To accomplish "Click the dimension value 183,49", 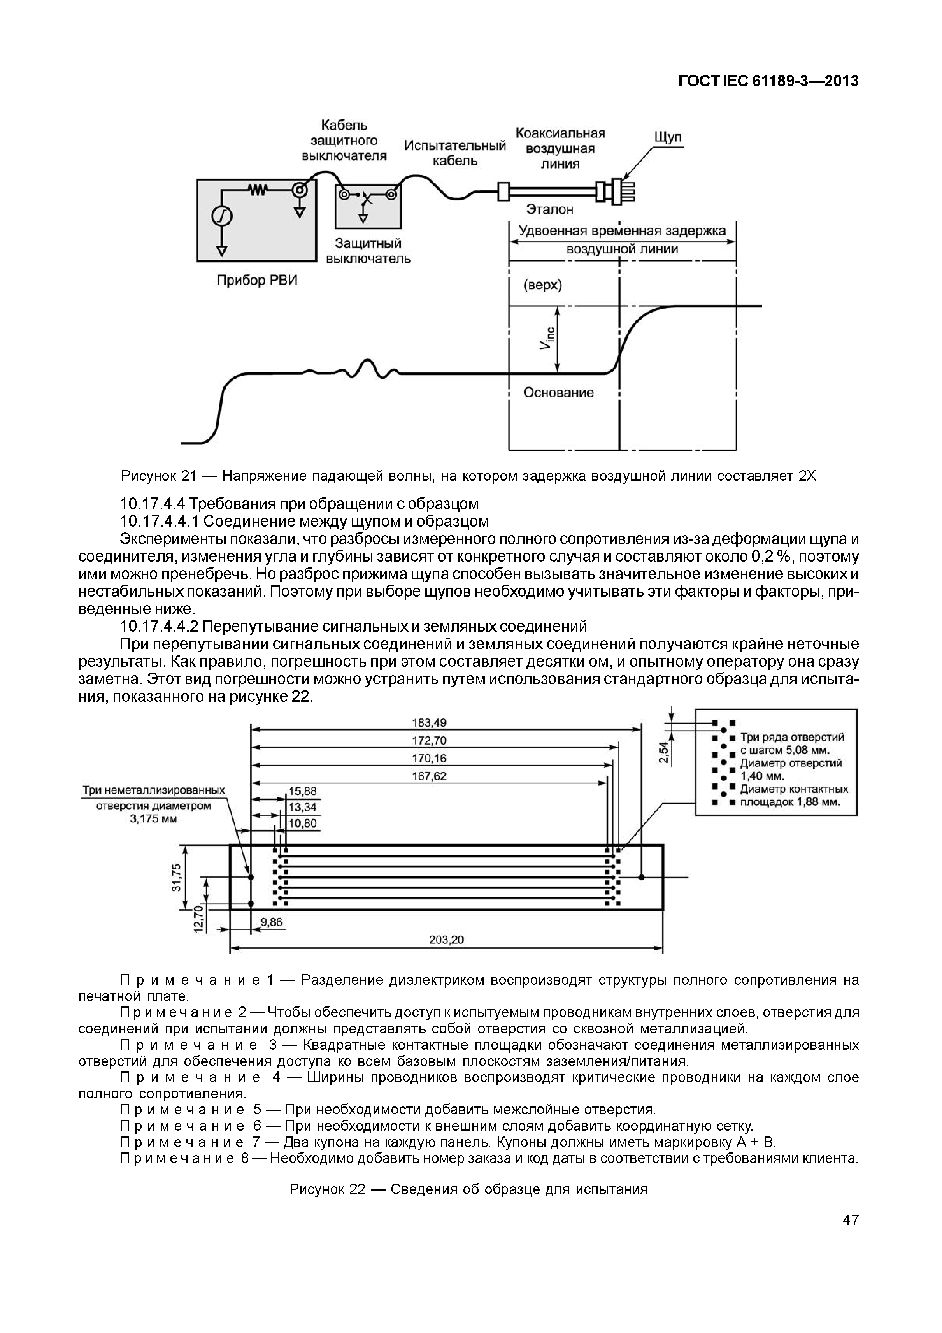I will [x=429, y=723].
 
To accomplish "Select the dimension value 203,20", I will [x=446, y=940].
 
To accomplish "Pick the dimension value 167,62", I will [x=429, y=776].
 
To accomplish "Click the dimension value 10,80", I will [x=302, y=823].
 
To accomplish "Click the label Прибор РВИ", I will [x=257, y=281].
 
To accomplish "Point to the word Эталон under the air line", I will [x=550, y=209].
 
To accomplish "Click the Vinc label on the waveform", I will [x=547, y=339].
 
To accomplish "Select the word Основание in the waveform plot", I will [x=558, y=392].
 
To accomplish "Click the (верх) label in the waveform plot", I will [x=543, y=286].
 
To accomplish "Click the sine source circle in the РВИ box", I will [x=222, y=216].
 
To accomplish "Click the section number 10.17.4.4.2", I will [x=158, y=627].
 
